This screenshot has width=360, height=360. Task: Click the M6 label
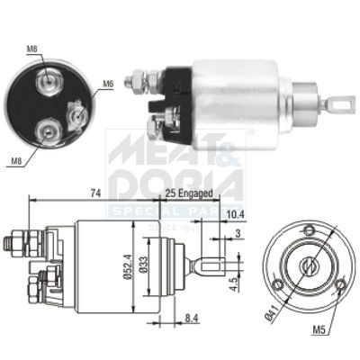click(x=107, y=84)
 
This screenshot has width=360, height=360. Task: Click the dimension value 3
click(x=238, y=235)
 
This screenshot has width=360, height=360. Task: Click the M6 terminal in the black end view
click(x=76, y=115)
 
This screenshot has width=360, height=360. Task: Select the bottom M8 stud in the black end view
click(x=44, y=133)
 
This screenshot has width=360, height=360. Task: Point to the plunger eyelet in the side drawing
click(x=204, y=267)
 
